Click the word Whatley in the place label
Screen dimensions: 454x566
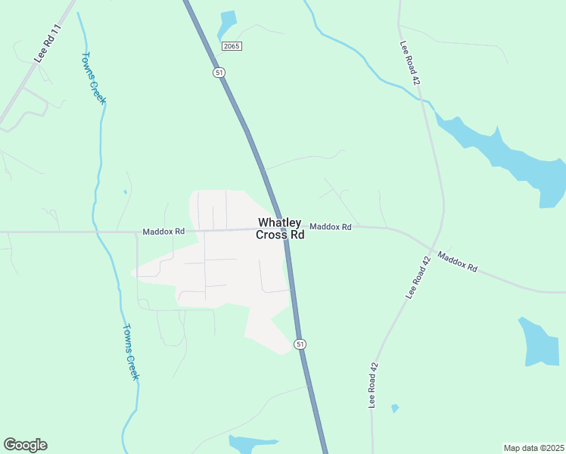click(x=279, y=223)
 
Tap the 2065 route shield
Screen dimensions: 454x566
click(x=232, y=46)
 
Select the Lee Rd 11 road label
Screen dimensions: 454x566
click(x=47, y=43)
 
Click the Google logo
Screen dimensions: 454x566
click(x=25, y=445)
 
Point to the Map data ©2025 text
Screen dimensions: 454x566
click(x=533, y=447)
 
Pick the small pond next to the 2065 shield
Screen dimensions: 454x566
click(x=226, y=23)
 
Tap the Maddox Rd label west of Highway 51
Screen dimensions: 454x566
click(x=163, y=231)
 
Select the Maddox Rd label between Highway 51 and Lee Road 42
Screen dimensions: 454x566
click(x=331, y=226)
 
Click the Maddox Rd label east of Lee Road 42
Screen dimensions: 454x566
click(x=458, y=263)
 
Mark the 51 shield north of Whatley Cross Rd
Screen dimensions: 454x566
click(x=218, y=72)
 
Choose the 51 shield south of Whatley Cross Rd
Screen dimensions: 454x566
click(x=300, y=344)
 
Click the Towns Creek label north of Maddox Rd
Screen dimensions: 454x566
click(x=94, y=78)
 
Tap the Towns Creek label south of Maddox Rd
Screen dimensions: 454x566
click(x=130, y=352)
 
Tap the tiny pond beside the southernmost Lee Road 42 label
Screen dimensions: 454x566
click(x=395, y=409)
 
